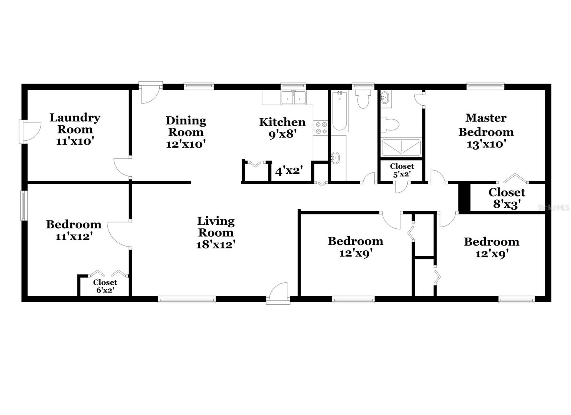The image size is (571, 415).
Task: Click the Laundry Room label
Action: click(75, 123)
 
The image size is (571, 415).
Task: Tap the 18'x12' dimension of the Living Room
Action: click(216, 245)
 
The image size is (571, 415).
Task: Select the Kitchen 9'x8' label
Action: click(282, 128)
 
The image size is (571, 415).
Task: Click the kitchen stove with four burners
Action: click(320, 128)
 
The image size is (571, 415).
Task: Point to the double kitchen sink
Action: click(293, 98)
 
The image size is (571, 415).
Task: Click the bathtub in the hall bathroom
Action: click(339, 111)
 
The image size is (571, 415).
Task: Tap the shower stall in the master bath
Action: click(401, 147)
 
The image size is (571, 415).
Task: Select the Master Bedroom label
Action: click(486, 125)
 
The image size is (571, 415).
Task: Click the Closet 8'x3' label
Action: click(506, 198)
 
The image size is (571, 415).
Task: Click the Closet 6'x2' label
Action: click(105, 286)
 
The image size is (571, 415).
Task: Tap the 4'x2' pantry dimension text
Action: click(289, 171)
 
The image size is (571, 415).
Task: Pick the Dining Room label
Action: click(186, 126)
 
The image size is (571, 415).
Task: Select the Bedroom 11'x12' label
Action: click(74, 230)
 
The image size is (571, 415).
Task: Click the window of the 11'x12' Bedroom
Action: click(24, 205)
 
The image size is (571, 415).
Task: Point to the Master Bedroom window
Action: click(485, 86)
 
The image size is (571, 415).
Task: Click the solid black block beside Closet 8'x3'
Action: click(464, 198)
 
